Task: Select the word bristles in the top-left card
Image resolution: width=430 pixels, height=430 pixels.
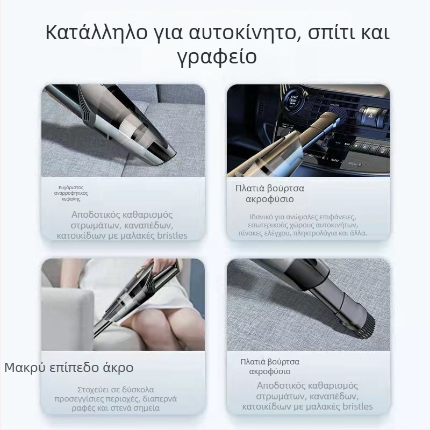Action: tap(167, 235)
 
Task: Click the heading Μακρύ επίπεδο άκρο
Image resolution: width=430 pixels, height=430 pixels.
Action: tap(69, 368)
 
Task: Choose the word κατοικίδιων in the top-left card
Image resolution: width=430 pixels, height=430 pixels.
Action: tap(80, 235)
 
